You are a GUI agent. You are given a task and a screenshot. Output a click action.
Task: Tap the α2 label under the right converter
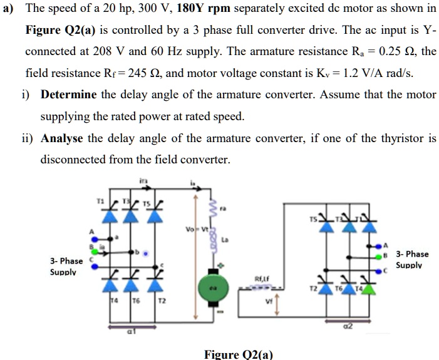coord(348,326)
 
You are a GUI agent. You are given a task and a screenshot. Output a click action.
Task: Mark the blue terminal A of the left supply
coord(95,238)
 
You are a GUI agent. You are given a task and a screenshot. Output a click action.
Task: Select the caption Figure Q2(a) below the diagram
coord(239,354)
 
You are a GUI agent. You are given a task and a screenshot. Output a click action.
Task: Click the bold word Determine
coord(68,95)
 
